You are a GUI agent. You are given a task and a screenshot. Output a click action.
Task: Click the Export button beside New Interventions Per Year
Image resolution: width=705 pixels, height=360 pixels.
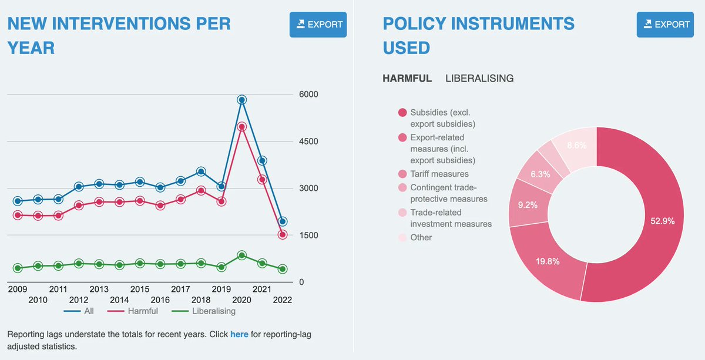pyautogui.click(x=318, y=25)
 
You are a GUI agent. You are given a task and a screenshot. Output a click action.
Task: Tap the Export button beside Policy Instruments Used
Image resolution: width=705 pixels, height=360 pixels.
pyautogui.click(x=665, y=25)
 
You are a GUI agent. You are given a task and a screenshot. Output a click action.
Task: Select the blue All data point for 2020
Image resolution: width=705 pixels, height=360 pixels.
pyautogui.click(x=241, y=100)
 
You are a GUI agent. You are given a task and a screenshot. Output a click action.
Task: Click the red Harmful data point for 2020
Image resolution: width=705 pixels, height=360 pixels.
pyautogui.click(x=241, y=127)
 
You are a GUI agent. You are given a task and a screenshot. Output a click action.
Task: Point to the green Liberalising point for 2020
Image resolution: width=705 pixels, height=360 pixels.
pyautogui.click(x=241, y=255)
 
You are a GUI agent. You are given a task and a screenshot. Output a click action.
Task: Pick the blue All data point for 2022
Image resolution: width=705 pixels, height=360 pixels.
pyautogui.click(x=283, y=221)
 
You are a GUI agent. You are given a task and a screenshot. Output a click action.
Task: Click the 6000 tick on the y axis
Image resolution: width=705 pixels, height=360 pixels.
pyautogui.click(x=308, y=94)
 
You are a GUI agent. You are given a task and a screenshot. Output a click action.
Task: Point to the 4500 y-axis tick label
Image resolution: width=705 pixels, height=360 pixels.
pyautogui.click(x=308, y=142)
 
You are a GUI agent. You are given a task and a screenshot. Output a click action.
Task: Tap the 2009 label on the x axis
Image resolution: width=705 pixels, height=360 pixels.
pyautogui.click(x=18, y=289)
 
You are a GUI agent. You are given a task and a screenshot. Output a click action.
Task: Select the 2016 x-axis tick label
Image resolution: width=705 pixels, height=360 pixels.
pyautogui.click(x=160, y=300)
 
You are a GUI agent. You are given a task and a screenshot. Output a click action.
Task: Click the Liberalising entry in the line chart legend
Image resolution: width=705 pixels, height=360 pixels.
pyautogui.click(x=204, y=311)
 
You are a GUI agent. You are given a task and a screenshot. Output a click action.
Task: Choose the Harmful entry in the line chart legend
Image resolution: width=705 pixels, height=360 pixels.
pyautogui.click(x=133, y=311)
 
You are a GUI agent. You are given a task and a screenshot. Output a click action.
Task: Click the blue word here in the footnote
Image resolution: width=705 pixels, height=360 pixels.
pyautogui.click(x=239, y=334)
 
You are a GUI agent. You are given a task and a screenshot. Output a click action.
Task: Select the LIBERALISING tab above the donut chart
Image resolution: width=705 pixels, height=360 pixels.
pyautogui.click(x=479, y=78)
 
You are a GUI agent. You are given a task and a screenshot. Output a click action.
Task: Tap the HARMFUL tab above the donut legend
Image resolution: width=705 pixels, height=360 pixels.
pyautogui.click(x=407, y=78)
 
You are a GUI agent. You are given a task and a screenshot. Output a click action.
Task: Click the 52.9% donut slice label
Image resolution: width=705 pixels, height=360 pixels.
pyautogui.click(x=663, y=221)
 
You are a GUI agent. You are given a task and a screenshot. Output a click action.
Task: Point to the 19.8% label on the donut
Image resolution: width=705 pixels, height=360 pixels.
pyautogui.click(x=548, y=261)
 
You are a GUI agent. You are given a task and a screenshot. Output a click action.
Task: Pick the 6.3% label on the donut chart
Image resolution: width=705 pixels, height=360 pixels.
pyautogui.click(x=540, y=174)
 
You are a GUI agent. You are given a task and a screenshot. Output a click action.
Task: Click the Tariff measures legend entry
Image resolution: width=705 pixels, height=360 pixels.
pyautogui.click(x=434, y=174)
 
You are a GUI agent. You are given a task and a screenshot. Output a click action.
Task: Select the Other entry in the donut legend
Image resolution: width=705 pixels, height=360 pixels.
pyautogui.click(x=415, y=237)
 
